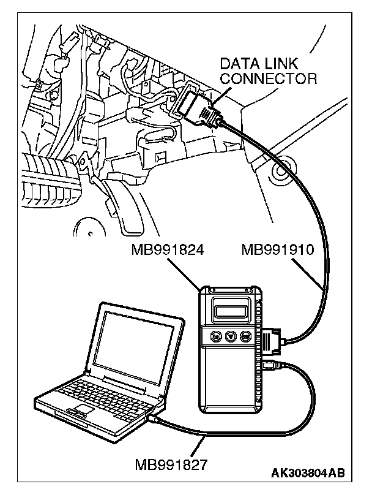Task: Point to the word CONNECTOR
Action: point(269,78)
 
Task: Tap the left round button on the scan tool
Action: point(216,336)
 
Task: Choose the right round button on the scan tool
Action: point(245,336)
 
